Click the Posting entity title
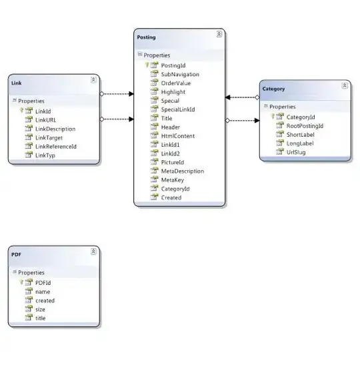tap(146, 38)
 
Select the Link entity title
tap(17, 83)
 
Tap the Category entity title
tap(273, 89)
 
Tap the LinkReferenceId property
tap(56, 146)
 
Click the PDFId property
tap(43, 282)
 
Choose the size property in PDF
tap(41, 309)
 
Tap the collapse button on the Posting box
tap(219, 33)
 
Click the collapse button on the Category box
tap(344, 85)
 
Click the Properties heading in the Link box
tap(31, 101)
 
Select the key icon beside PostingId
tap(147, 65)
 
